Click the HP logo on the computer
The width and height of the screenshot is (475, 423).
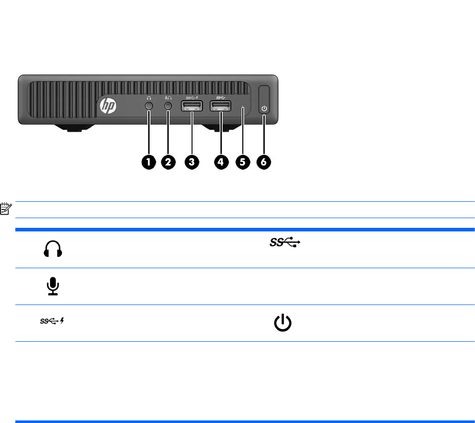click(x=108, y=106)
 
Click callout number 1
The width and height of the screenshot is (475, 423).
click(x=149, y=162)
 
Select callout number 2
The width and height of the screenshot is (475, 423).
click(x=168, y=162)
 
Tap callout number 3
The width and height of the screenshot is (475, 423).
click(x=192, y=162)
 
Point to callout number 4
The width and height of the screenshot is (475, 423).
click(x=221, y=162)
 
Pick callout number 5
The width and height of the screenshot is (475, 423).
click(x=242, y=162)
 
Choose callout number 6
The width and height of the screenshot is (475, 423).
click(x=264, y=162)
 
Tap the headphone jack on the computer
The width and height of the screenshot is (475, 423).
click(x=149, y=106)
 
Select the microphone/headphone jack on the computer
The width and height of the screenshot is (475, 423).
click(x=168, y=106)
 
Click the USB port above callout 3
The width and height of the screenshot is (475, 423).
click(x=192, y=106)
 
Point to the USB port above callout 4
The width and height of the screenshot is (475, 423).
click(x=221, y=106)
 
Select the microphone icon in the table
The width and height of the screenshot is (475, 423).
click(x=53, y=287)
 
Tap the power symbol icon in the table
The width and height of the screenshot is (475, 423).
click(x=282, y=323)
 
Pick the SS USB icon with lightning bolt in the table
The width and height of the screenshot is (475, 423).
click(x=53, y=321)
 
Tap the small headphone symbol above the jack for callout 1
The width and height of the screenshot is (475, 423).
click(x=149, y=97)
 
